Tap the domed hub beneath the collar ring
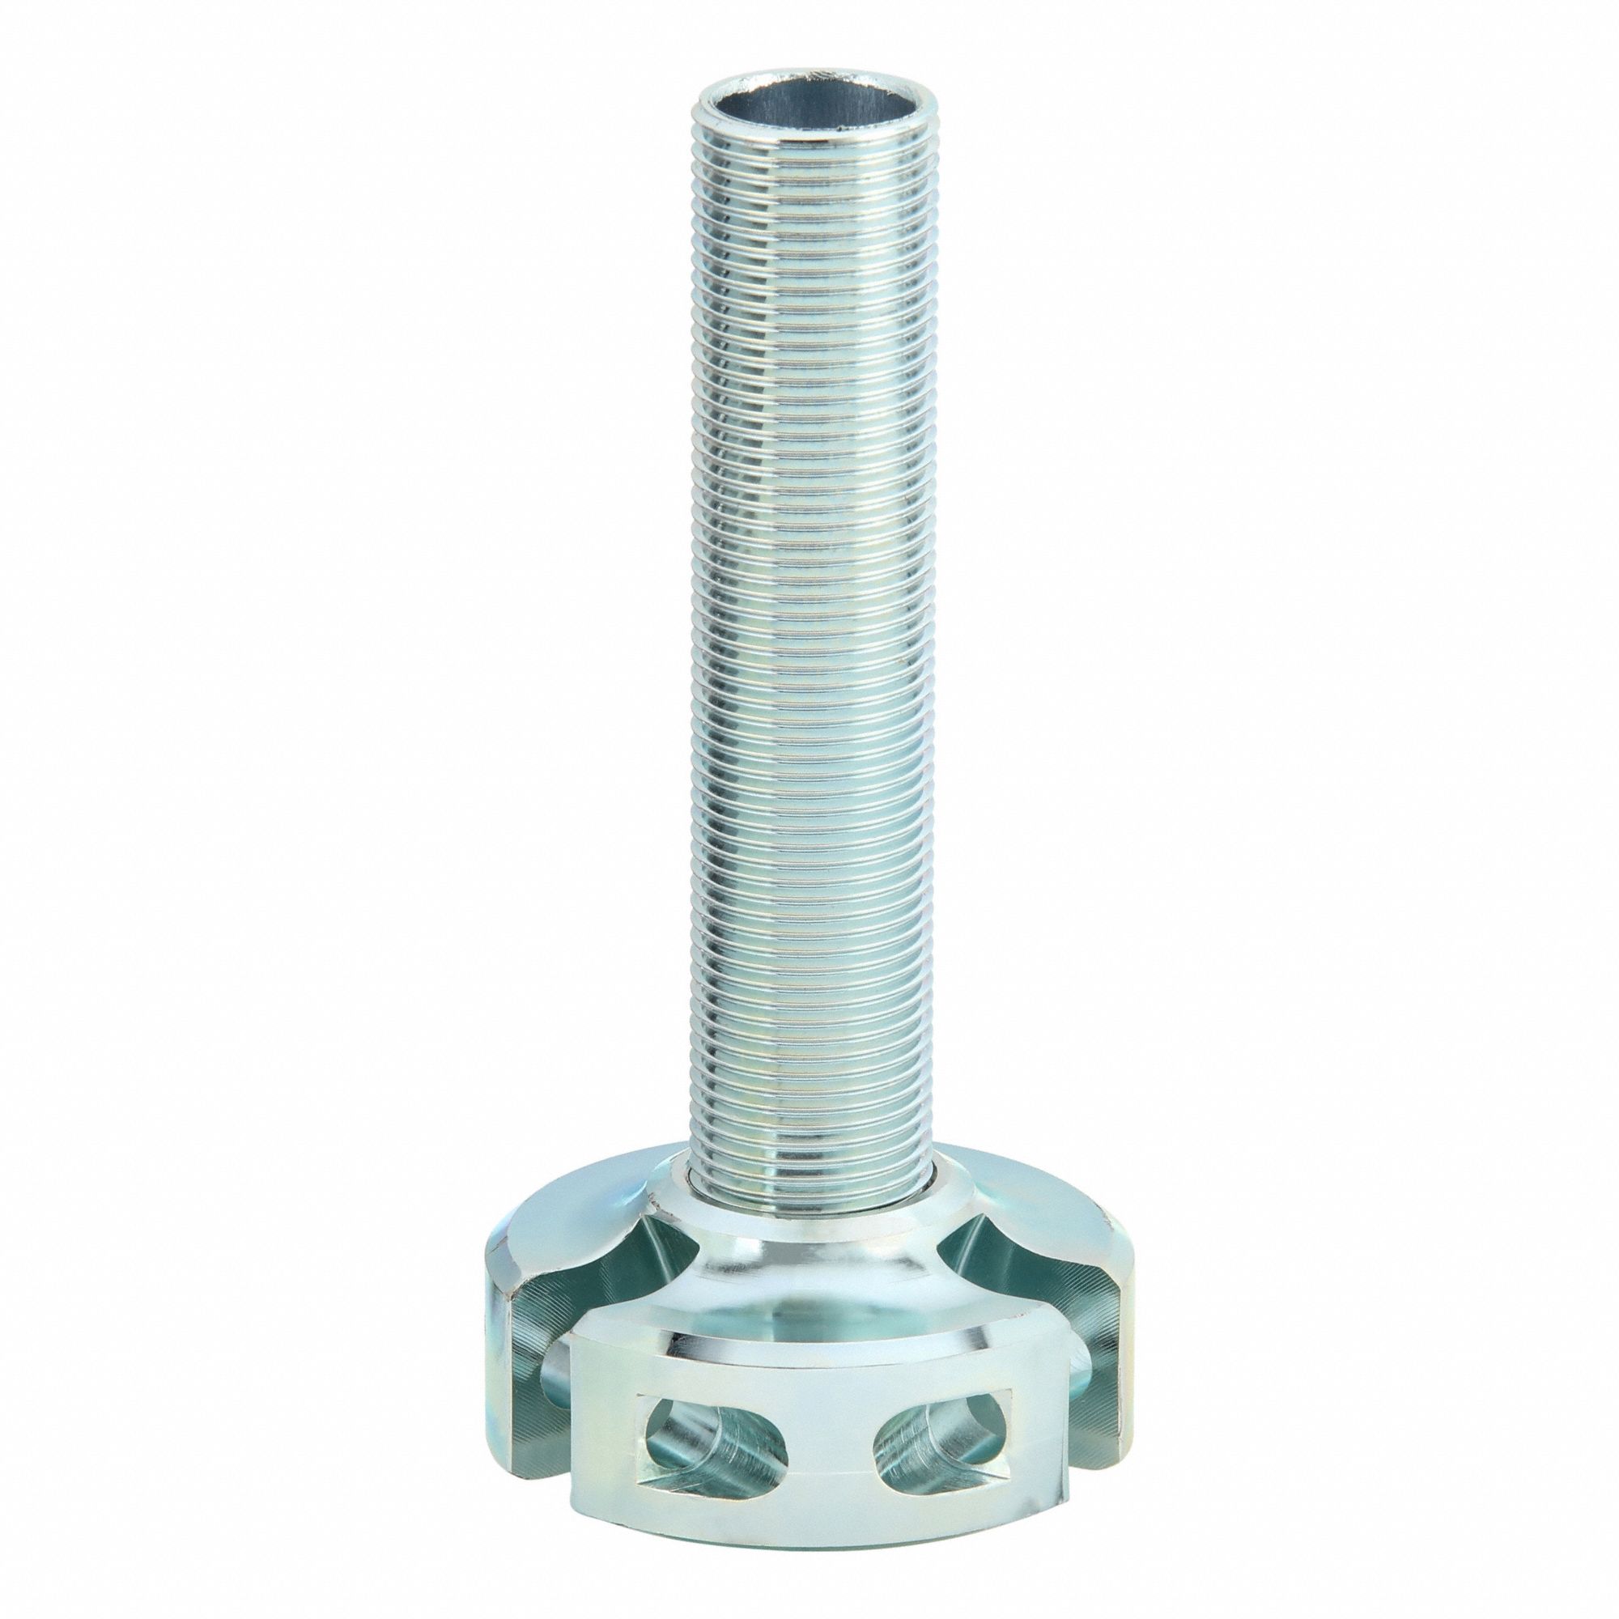coord(817,1257)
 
